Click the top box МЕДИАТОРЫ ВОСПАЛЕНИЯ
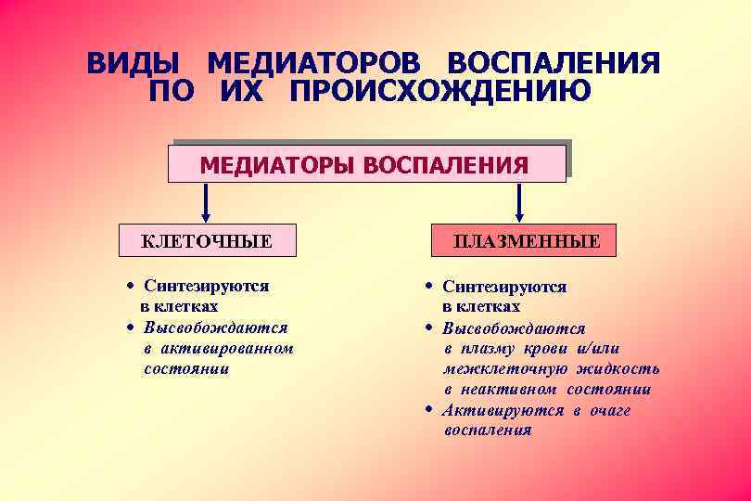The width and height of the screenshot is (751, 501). [x=365, y=164]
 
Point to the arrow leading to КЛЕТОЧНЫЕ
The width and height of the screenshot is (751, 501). [x=206, y=202]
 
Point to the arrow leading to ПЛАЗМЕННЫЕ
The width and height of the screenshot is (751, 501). [x=519, y=202]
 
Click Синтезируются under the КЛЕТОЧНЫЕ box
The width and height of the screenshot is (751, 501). [x=206, y=287]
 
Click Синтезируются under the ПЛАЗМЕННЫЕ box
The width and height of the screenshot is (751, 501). [x=504, y=288]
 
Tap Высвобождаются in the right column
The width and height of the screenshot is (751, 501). [x=514, y=328]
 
